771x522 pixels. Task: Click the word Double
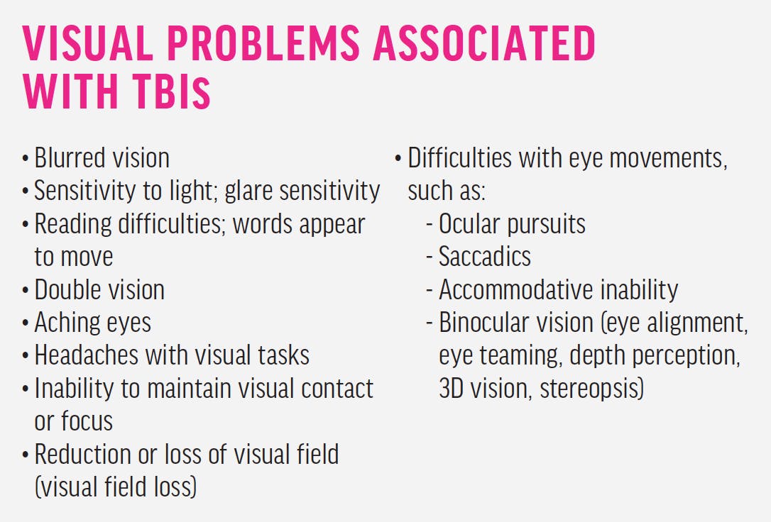point(65,289)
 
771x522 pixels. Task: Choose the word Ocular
point(469,224)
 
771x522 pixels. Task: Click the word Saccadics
point(485,256)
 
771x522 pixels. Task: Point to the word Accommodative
point(510,289)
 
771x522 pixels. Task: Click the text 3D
point(452,388)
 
